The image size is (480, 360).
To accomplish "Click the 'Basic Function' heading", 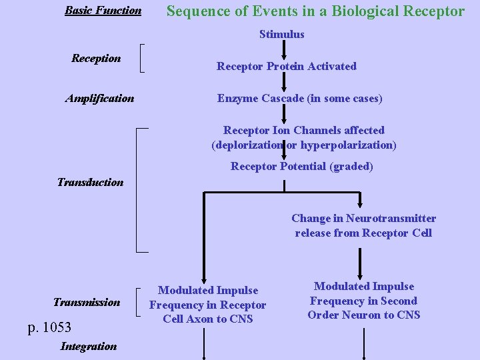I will [x=103, y=10].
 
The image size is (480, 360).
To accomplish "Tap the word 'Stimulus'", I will [x=281, y=34].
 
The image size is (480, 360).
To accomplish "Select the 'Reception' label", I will [x=96, y=58].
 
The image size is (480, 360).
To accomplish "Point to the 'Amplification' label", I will [x=99, y=99].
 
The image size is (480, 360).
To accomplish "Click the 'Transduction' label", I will [x=90, y=182].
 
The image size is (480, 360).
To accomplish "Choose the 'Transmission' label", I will [x=87, y=302].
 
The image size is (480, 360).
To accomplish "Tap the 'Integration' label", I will [x=88, y=346].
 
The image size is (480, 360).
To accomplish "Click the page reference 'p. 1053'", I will [x=49, y=327].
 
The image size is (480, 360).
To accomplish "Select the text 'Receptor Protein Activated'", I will [x=286, y=66].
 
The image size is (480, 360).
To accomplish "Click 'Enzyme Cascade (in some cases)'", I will [x=299, y=99].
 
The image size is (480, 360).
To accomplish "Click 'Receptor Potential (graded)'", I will [x=301, y=167].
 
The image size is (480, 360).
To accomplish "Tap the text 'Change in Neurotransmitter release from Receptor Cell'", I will [x=363, y=225].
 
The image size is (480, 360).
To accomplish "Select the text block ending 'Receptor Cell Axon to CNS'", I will [x=207, y=305].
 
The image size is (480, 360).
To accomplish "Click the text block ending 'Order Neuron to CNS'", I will [x=363, y=301].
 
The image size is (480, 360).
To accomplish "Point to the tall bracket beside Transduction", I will [x=139, y=190].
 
